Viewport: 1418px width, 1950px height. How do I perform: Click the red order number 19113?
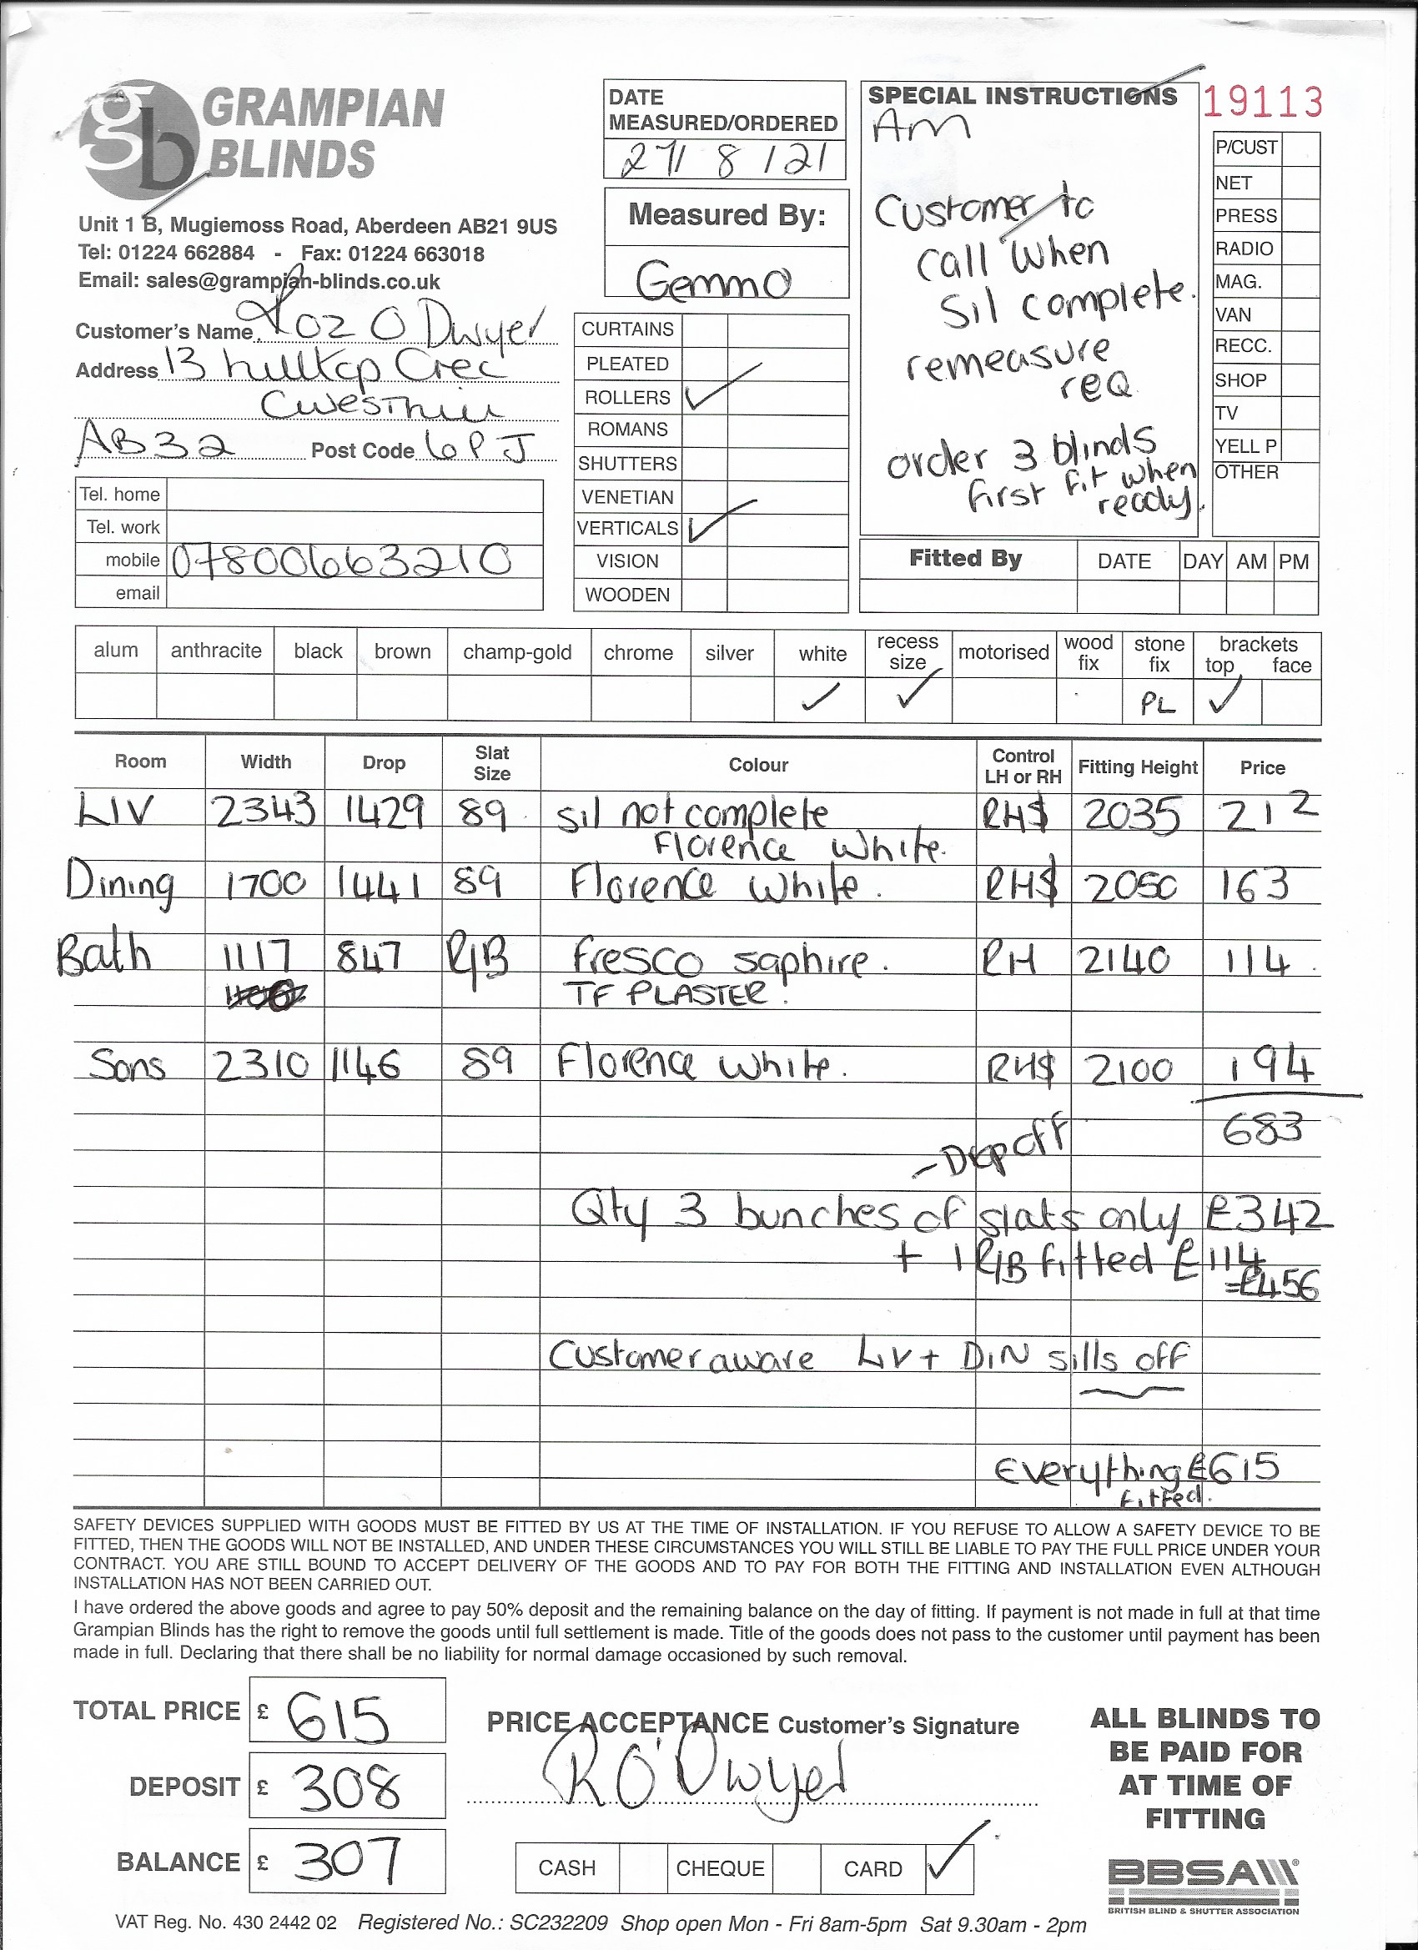pos(1261,103)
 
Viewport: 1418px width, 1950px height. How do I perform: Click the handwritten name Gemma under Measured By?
pos(713,279)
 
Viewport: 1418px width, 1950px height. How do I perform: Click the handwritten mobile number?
pos(342,561)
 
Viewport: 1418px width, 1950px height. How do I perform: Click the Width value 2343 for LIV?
pos(264,811)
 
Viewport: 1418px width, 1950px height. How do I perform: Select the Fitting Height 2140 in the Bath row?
pos(1124,959)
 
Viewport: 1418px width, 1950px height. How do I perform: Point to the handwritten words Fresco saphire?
pos(720,958)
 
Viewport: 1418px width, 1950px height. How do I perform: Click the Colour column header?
pos(757,765)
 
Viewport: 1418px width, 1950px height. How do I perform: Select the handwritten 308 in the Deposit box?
pos(347,1787)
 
